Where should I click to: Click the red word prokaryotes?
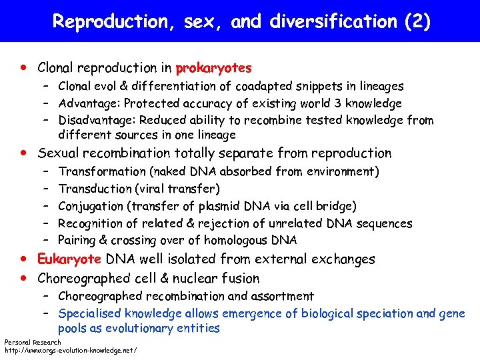[x=213, y=67]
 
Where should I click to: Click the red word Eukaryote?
[x=69, y=259]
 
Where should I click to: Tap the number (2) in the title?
[x=417, y=21]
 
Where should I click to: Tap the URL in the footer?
[x=71, y=349]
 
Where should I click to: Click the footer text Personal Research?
[x=33, y=342]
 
